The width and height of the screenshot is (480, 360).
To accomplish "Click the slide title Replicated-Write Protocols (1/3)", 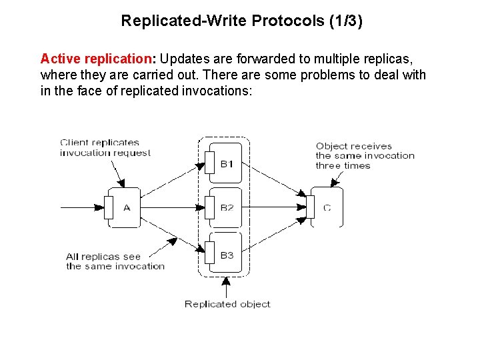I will click(241, 21).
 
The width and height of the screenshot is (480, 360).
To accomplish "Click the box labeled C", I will click(327, 207).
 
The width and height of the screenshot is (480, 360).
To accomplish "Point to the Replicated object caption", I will click(227, 304).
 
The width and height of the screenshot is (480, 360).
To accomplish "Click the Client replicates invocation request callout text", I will click(105, 147).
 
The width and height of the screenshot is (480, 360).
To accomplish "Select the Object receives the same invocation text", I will click(365, 155).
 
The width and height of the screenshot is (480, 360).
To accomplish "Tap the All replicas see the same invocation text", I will click(115, 261).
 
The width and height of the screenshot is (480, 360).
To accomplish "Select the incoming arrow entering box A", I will click(83, 207).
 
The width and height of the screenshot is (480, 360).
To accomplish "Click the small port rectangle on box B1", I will click(209, 162).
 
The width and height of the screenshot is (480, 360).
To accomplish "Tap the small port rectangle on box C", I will click(310, 207).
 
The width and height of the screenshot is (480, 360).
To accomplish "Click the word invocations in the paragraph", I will click(216, 91).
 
